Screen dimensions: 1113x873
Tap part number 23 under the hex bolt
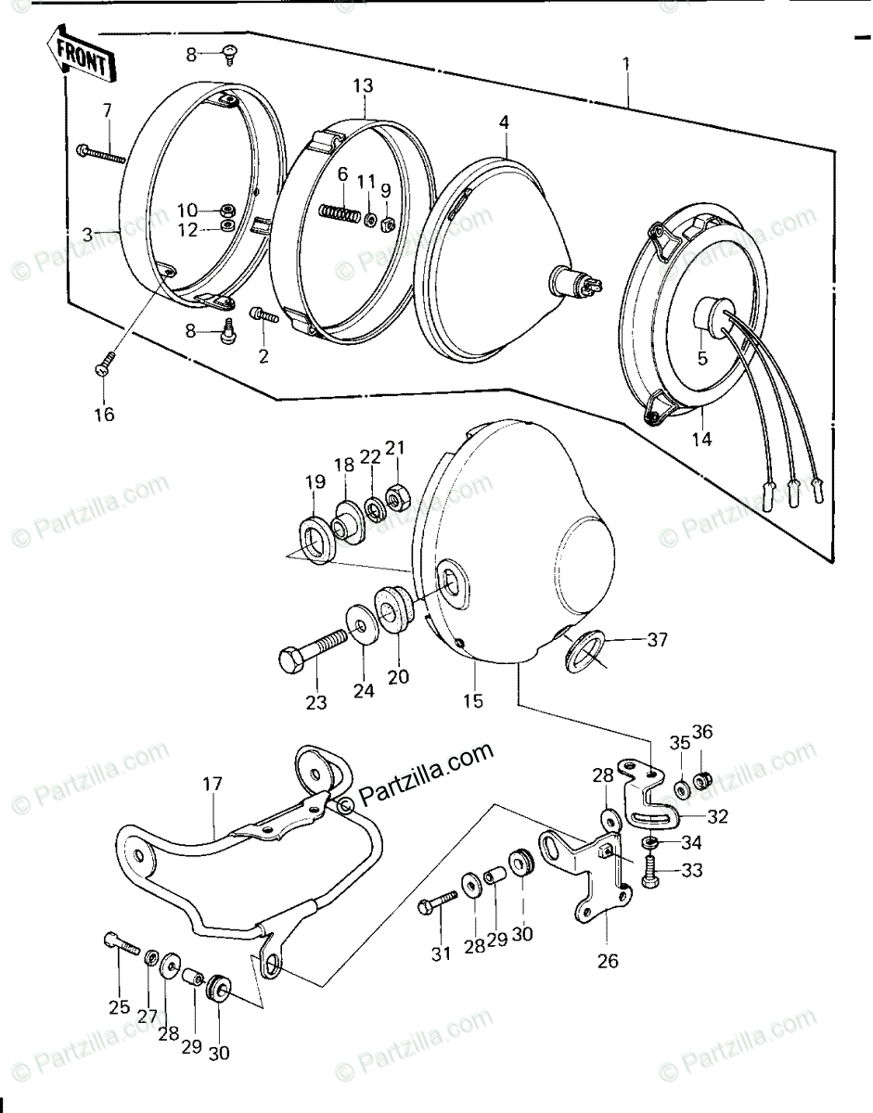click(x=316, y=703)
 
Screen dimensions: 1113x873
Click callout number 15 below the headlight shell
click(x=473, y=701)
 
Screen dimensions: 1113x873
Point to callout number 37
click(x=657, y=638)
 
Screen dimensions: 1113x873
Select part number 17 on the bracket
click(x=212, y=785)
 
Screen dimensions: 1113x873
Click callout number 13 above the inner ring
click(x=362, y=86)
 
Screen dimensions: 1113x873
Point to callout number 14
click(x=702, y=440)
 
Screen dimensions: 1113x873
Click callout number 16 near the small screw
click(x=103, y=414)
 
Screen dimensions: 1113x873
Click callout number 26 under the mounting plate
click(x=607, y=960)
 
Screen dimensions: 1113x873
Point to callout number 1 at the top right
click(x=626, y=64)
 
